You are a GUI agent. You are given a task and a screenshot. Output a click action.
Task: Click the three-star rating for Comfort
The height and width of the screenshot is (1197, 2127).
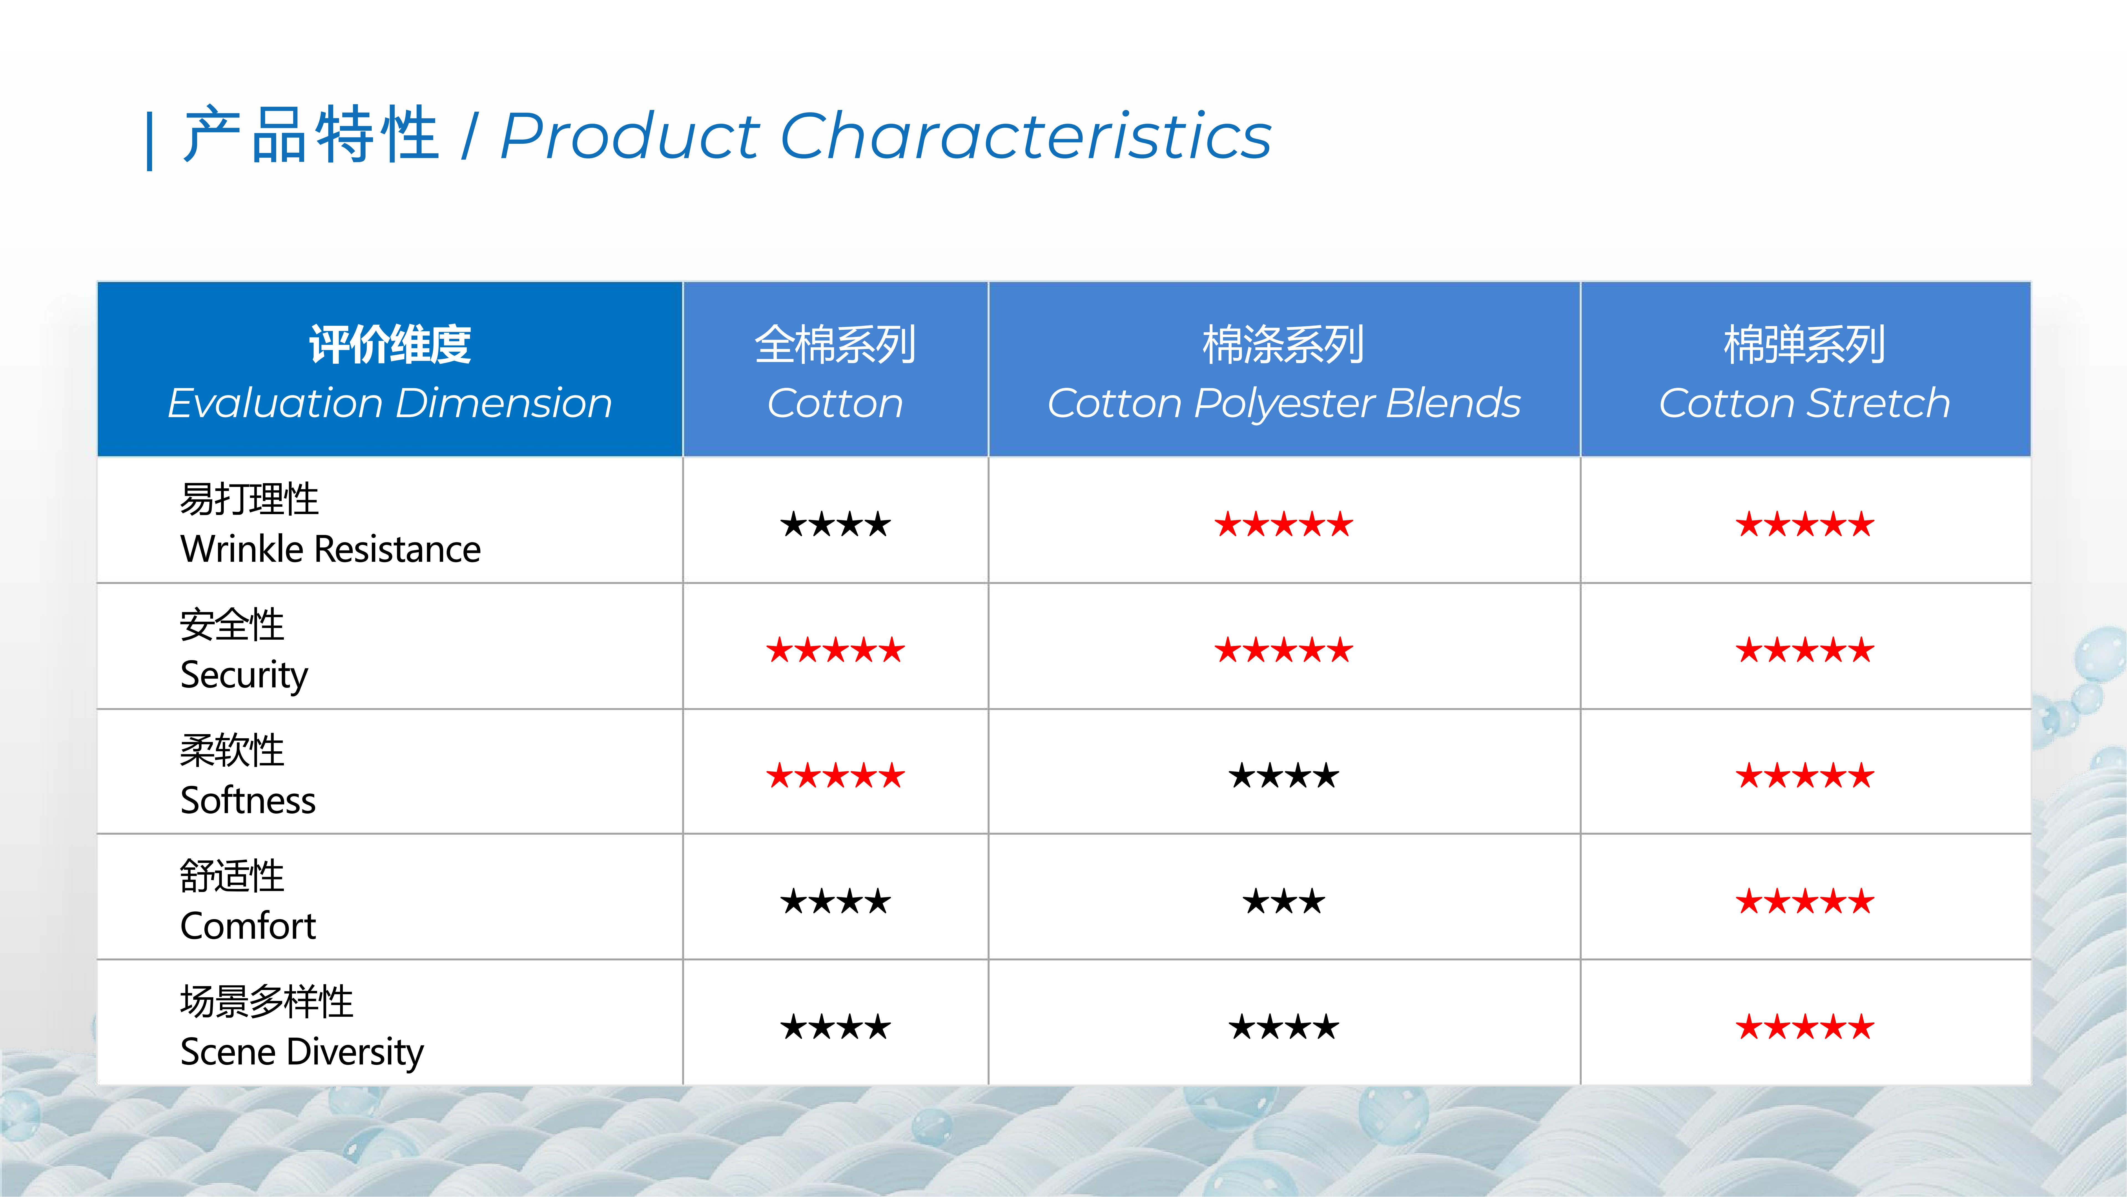pyautogui.click(x=1284, y=901)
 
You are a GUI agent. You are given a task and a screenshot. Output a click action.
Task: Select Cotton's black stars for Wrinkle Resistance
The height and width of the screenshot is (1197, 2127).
pyautogui.click(x=836, y=525)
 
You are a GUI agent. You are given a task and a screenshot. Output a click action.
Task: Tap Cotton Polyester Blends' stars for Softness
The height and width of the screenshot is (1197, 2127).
pyautogui.click(x=1284, y=776)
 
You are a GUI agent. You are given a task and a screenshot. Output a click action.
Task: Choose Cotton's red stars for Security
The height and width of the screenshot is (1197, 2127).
pyautogui.click(x=836, y=650)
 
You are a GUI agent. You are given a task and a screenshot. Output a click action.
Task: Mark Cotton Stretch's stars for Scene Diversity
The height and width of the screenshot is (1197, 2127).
pyautogui.click(x=1805, y=1027)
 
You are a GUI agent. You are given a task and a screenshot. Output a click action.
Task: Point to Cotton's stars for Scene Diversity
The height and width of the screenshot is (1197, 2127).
pyautogui.click(x=836, y=1027)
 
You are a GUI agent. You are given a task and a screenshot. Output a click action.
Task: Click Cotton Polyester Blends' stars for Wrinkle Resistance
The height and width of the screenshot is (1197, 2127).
pyautogui.click(x=1284, y=525)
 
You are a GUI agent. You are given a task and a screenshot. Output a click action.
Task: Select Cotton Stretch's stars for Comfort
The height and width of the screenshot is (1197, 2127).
pyautogui.click(x=1805, y=901)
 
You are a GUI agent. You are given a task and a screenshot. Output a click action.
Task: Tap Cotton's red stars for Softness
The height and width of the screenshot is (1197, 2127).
pyautogui.click(x=836, y=776)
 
